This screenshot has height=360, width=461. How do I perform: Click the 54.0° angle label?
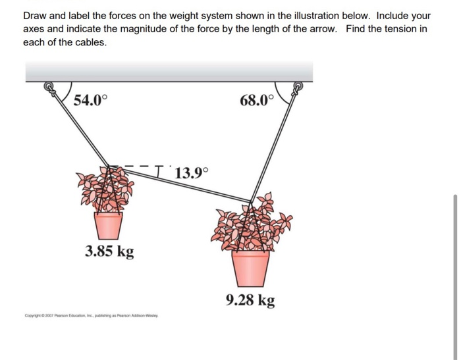[89, 101]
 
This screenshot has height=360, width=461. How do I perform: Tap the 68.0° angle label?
[256, 101]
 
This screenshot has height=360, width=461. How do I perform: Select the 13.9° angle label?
[191, 174]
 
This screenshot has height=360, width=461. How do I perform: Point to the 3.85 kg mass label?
[109, 251]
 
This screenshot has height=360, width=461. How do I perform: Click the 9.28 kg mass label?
[250, 301]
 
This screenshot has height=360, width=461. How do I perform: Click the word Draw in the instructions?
[35, 15]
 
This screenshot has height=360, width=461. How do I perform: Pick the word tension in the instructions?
[396, 29]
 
